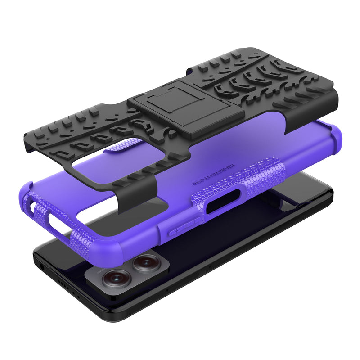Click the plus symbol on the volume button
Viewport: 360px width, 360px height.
tap(176, 230)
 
